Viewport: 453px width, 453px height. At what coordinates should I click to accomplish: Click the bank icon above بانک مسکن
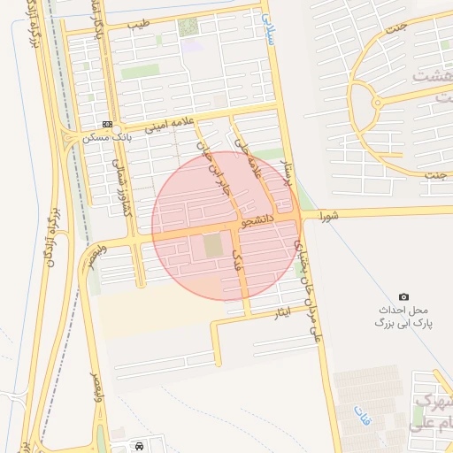click(107, 125)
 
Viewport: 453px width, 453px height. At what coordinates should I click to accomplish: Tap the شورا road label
click(330, 214)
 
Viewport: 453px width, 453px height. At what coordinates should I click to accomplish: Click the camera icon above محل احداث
click(403, 297)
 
